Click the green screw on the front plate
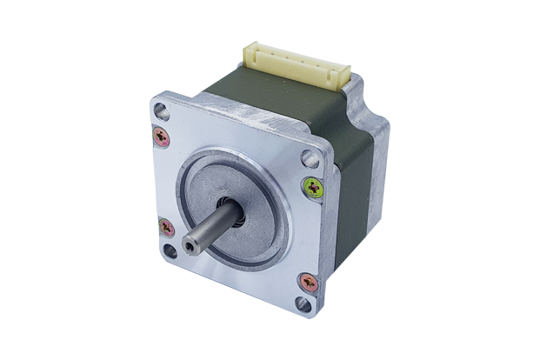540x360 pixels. (x=313, y=186)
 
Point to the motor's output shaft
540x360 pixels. (x=209, y=236)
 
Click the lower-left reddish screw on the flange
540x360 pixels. (x=167, y=228)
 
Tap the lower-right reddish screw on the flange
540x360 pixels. (x=308, y=282)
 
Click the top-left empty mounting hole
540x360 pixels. (x=159, y=110)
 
